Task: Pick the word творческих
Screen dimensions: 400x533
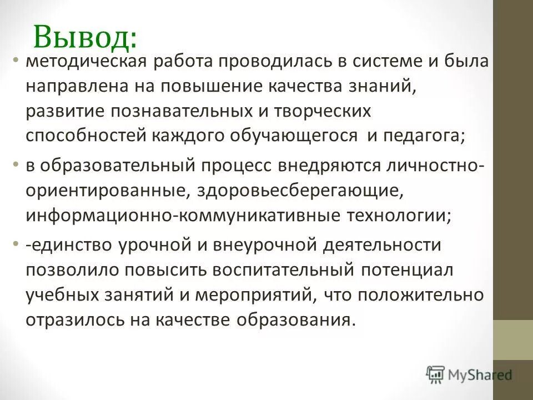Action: (x=325, y=112)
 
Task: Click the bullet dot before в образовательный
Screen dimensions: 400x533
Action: (x=17, y=165)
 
